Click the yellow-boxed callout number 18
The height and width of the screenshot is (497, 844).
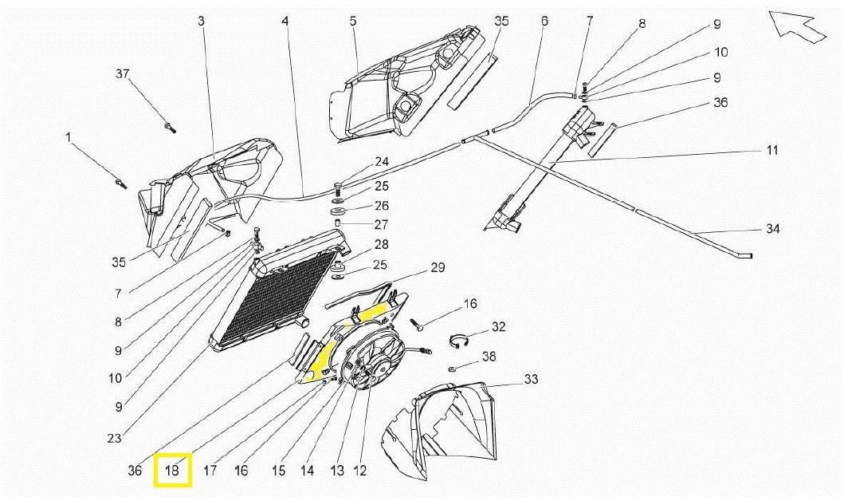(172, 471)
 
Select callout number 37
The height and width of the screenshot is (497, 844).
(122, 74)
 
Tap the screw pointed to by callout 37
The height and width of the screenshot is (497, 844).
(170, 126)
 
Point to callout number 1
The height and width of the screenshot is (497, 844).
(69, 138)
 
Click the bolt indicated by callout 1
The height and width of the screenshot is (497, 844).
(120, 185)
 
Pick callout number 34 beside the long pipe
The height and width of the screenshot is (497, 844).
(772, 229)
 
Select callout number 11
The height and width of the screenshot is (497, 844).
(771, 151)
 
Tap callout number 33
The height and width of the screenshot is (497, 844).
(531, 379)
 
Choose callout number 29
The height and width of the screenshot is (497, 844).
(437, 268)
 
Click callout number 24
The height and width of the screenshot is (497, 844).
(382, 162)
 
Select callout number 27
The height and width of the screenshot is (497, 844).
(382, 224)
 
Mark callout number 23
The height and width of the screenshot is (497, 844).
(115, 438)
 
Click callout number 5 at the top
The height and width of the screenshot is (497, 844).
(352, 21)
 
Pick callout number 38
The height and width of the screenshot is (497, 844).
(489, 357)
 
